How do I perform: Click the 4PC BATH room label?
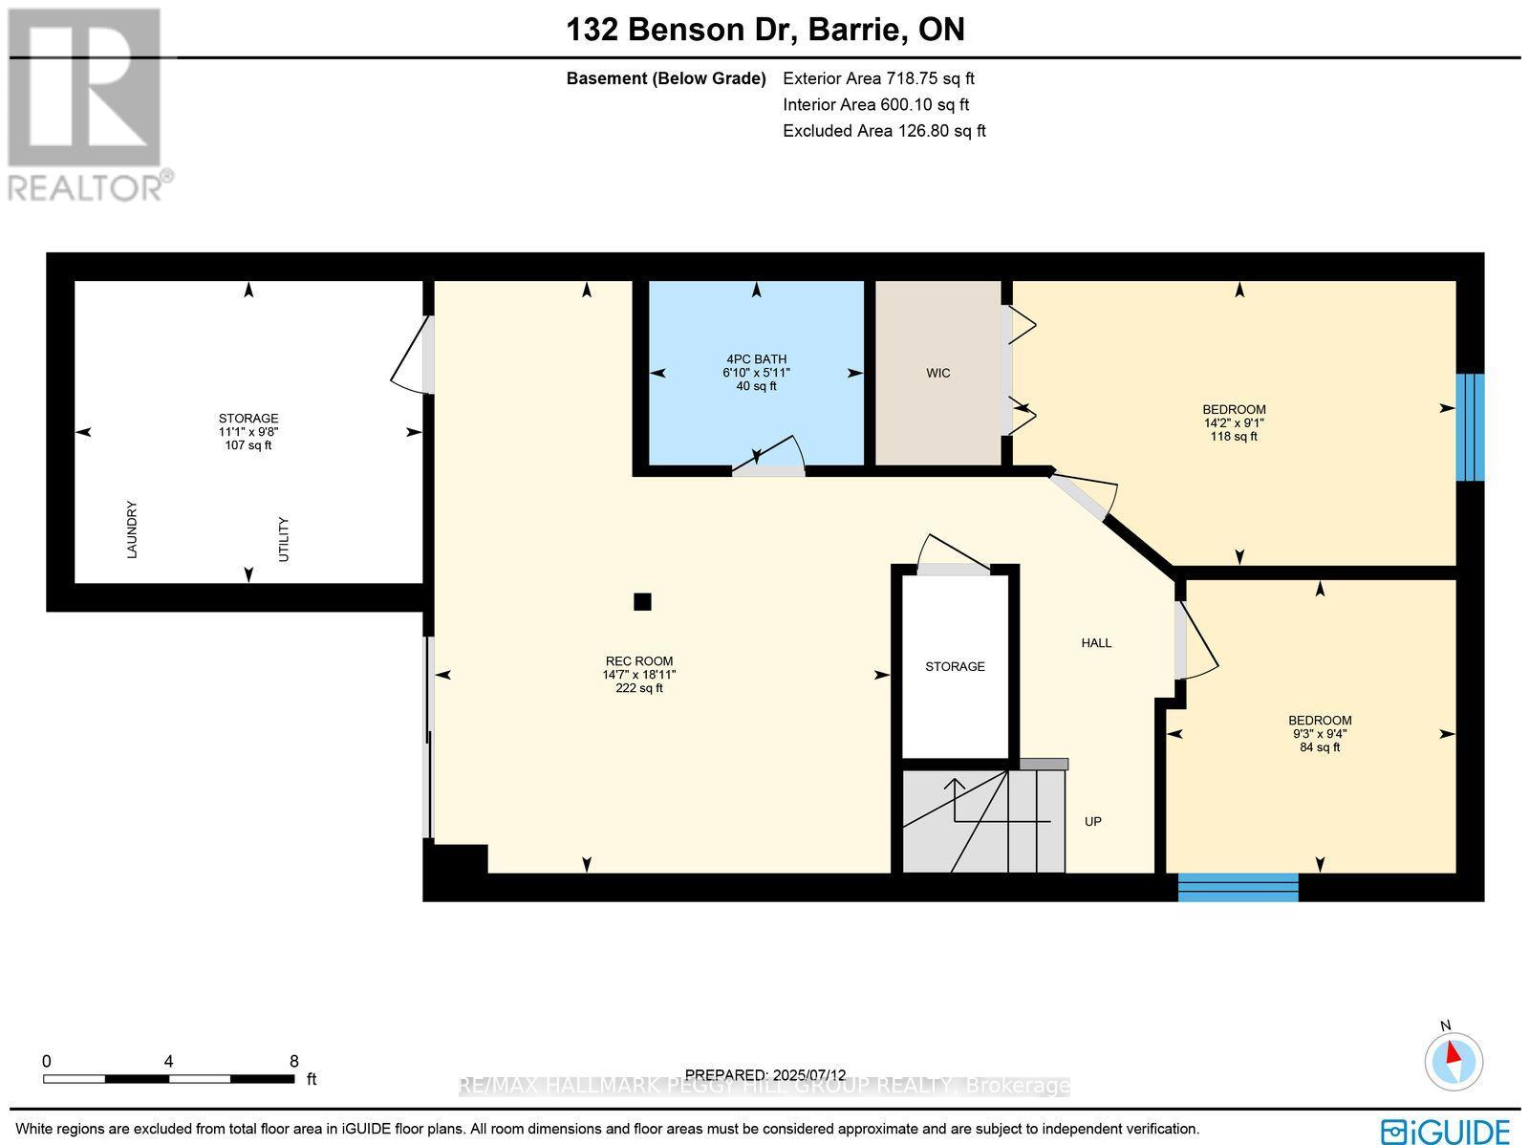tap(756, 359)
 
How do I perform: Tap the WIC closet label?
tap(937, 373)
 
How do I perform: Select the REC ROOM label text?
tap(638, 661)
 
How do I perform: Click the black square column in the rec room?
tap(642, 601)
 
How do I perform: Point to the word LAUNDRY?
tap(132, 529)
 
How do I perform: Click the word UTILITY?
tap(283, 539)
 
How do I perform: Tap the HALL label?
tap(1096, 643)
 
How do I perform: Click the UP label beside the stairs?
tap(1093, 821)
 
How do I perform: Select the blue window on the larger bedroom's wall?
tap(1470, 426)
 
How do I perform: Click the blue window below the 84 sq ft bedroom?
tap(1238, 887)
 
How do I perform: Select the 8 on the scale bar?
tap(293, 1061)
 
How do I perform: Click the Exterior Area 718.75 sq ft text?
tap(878, 79)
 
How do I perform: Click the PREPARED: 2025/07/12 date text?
tap(765, 1075)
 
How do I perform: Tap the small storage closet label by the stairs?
tap(955, 666)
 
